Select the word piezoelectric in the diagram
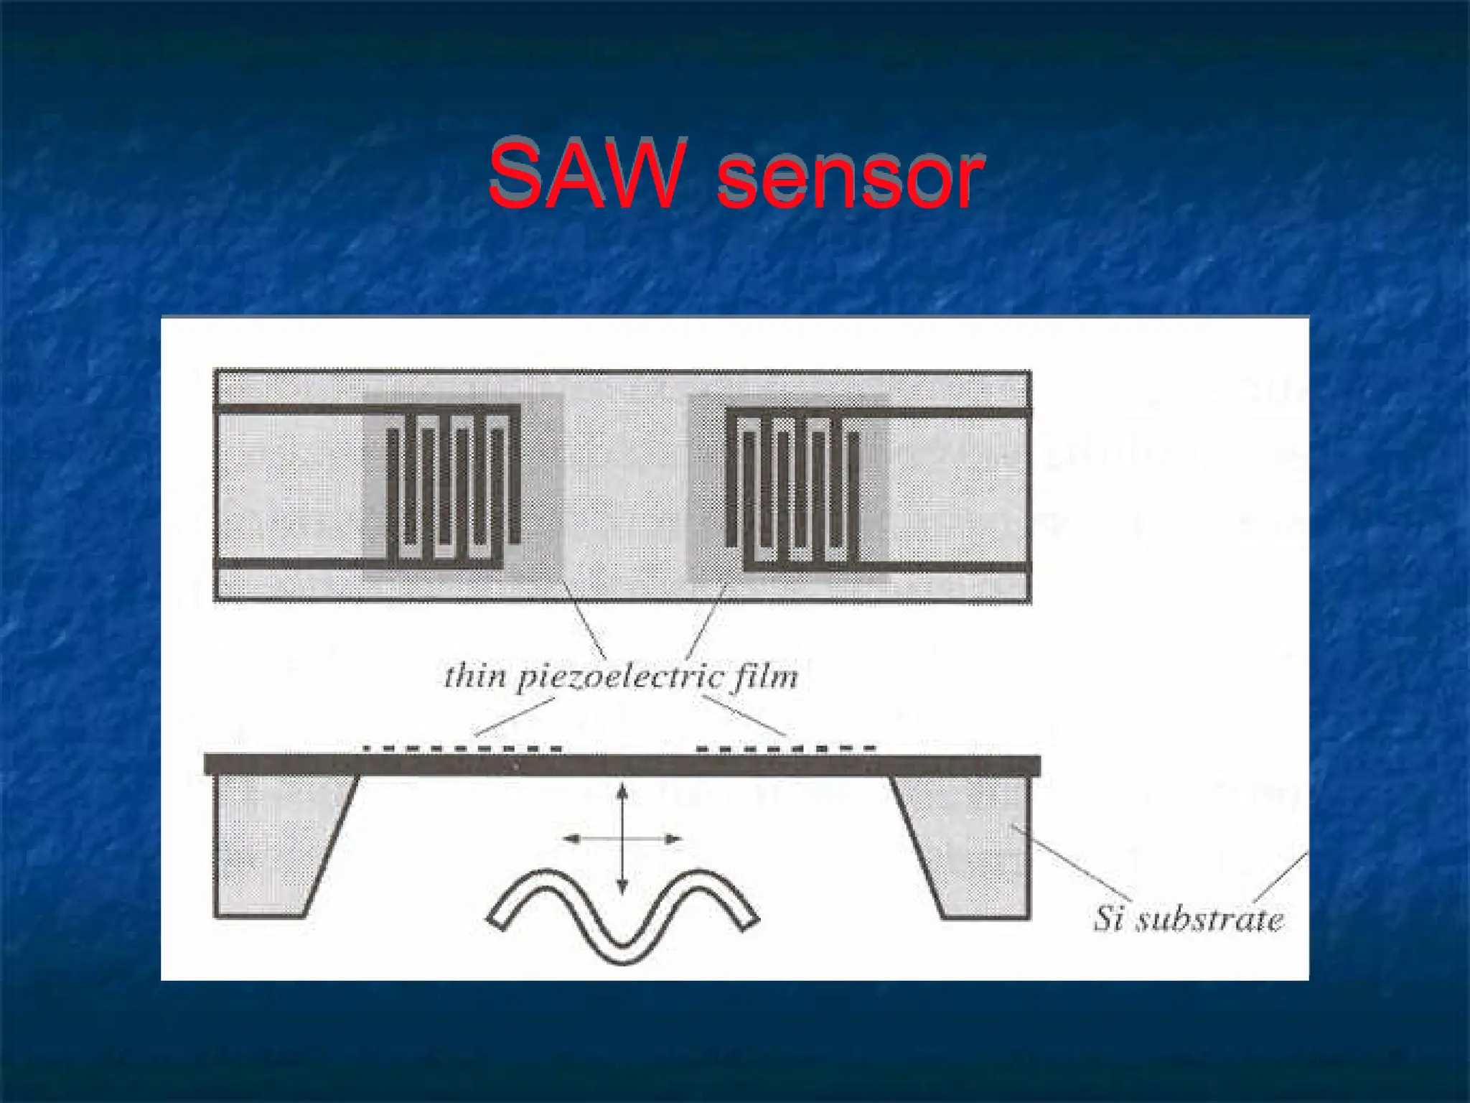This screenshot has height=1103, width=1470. point(613,679)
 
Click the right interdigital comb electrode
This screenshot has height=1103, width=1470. point(792,488)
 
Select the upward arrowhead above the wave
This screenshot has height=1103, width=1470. point(622,791)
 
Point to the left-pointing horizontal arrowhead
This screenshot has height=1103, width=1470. point(571,838)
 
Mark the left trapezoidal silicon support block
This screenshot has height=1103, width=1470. point(273,847)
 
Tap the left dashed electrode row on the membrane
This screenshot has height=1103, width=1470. point(463,749)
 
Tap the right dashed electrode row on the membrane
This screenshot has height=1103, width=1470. point(787,749)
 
